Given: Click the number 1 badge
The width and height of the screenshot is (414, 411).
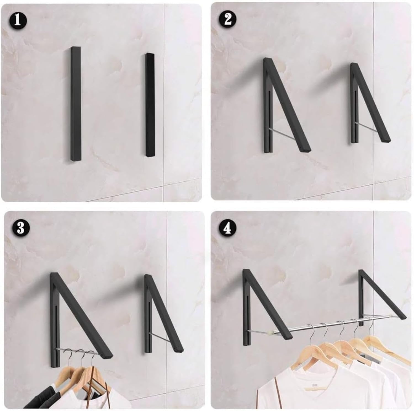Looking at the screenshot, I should (17, 20).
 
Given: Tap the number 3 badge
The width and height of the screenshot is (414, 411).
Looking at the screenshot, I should (20, 228).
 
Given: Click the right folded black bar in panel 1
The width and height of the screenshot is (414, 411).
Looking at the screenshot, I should (150, 105).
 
